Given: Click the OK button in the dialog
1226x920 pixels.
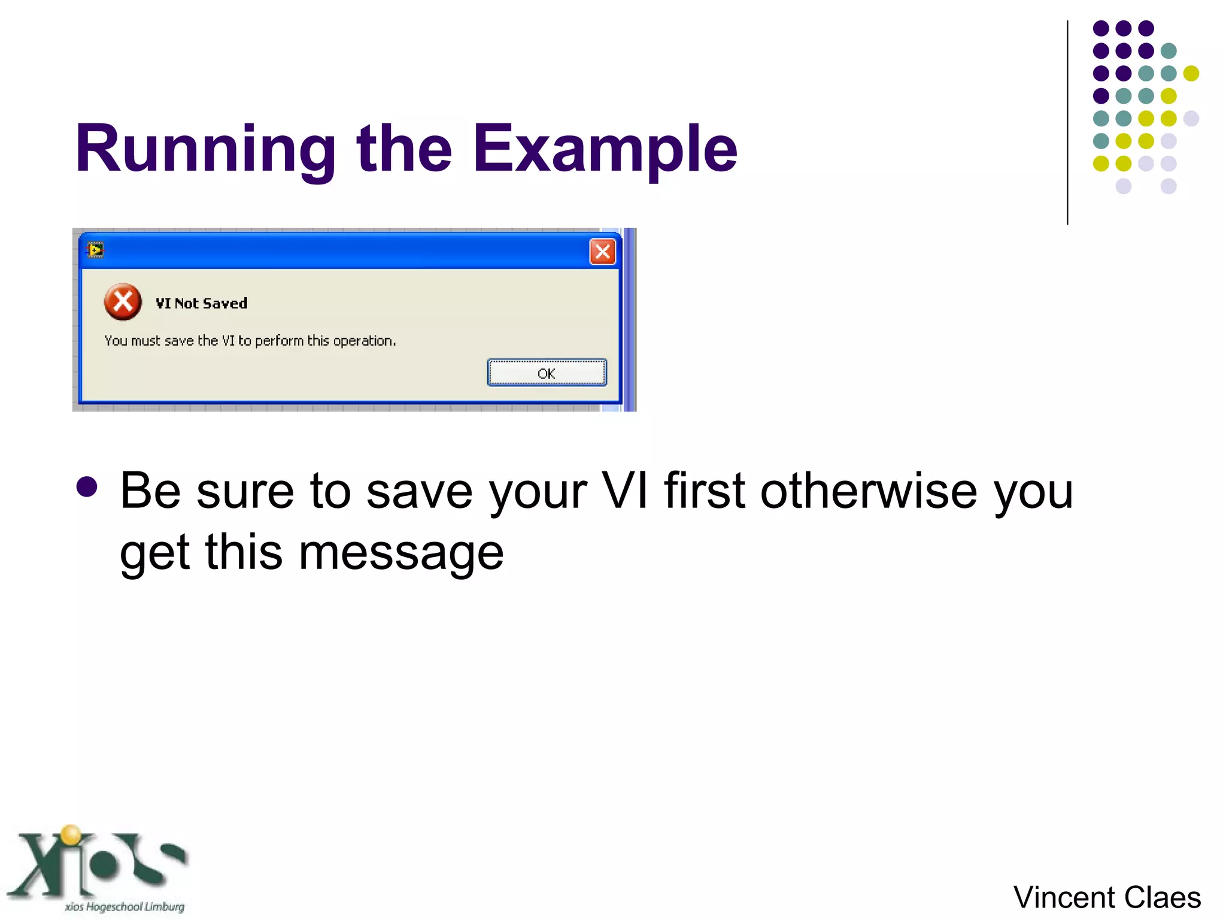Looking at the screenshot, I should point(547,373).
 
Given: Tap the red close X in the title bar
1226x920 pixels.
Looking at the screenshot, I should point(602,252).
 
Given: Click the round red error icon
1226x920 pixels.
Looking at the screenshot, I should point(123,302).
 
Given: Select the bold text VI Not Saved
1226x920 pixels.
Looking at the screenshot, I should point(201,304).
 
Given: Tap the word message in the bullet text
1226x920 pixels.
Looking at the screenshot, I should point(401,552).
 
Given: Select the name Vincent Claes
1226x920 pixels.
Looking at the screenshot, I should point(1107,897).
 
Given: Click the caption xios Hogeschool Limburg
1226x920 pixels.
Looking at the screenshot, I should point(125,907).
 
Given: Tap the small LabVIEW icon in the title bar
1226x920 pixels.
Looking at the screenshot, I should point(95,250).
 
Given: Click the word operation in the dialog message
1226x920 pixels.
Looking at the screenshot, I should point(363,341).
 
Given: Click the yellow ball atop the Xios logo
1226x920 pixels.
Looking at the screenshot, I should point(71,834).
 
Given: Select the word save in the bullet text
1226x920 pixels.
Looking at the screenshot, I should point(419,491).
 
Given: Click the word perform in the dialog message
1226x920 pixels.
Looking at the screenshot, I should point(279,341).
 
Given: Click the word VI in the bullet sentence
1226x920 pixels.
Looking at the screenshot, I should point(624,491).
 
